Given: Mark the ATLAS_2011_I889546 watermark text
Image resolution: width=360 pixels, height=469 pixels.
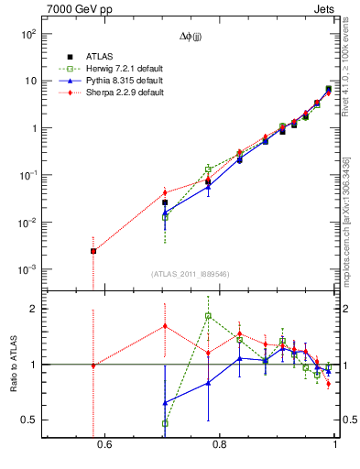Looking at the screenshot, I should point(190,274).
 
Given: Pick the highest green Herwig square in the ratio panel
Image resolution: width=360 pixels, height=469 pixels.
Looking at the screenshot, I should point(208,316).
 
